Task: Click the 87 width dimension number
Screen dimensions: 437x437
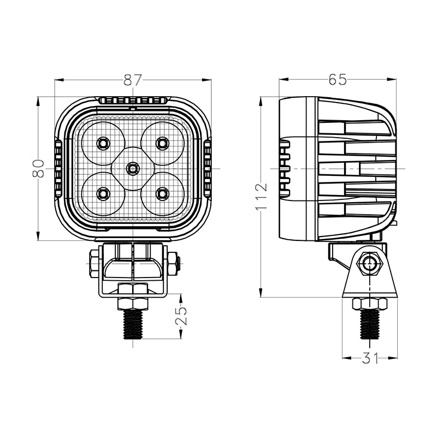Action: pyautogui.click(x=133, y=80)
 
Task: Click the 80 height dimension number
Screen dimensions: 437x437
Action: pyautogui.click(x=38, y=168)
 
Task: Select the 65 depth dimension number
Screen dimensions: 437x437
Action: pyautogui.click(x=338, y=80)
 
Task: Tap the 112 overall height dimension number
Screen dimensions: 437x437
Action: pyautogui.click(x=261, y=197)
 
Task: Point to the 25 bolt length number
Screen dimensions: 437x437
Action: pyautogui.click(x=182, y=316)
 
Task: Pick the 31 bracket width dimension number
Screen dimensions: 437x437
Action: pyautogui.click(x=370, y=358)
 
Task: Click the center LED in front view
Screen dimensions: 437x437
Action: pyautogui.click(x=132, y=168)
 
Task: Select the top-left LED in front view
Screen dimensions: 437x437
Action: pyautogui.click(x=103, y=143)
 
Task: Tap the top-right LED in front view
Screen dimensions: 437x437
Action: pyautogui.click(x=162, y=143)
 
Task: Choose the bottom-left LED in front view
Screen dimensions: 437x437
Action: pyautogui.click(x=103, y=193)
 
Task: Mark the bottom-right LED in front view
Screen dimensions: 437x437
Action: pyautogui.click(x=162, y=193)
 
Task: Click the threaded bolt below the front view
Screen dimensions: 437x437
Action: pyautogui.click(x=133, y=324)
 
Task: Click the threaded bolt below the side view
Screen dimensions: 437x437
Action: pyautogui.click(x=370, y=324)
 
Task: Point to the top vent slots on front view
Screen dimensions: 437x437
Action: pyautogui.click(x=132, y=101)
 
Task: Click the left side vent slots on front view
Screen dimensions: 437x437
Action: pyautogui.click(x=58, y=168)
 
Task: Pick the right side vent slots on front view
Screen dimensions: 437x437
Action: pyautogui.click(x=207, y=168)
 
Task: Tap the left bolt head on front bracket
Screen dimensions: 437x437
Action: pyautogui.click(x=93, y=264)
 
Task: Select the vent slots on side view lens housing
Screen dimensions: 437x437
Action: pyautogui.click(x=285, y=168)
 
